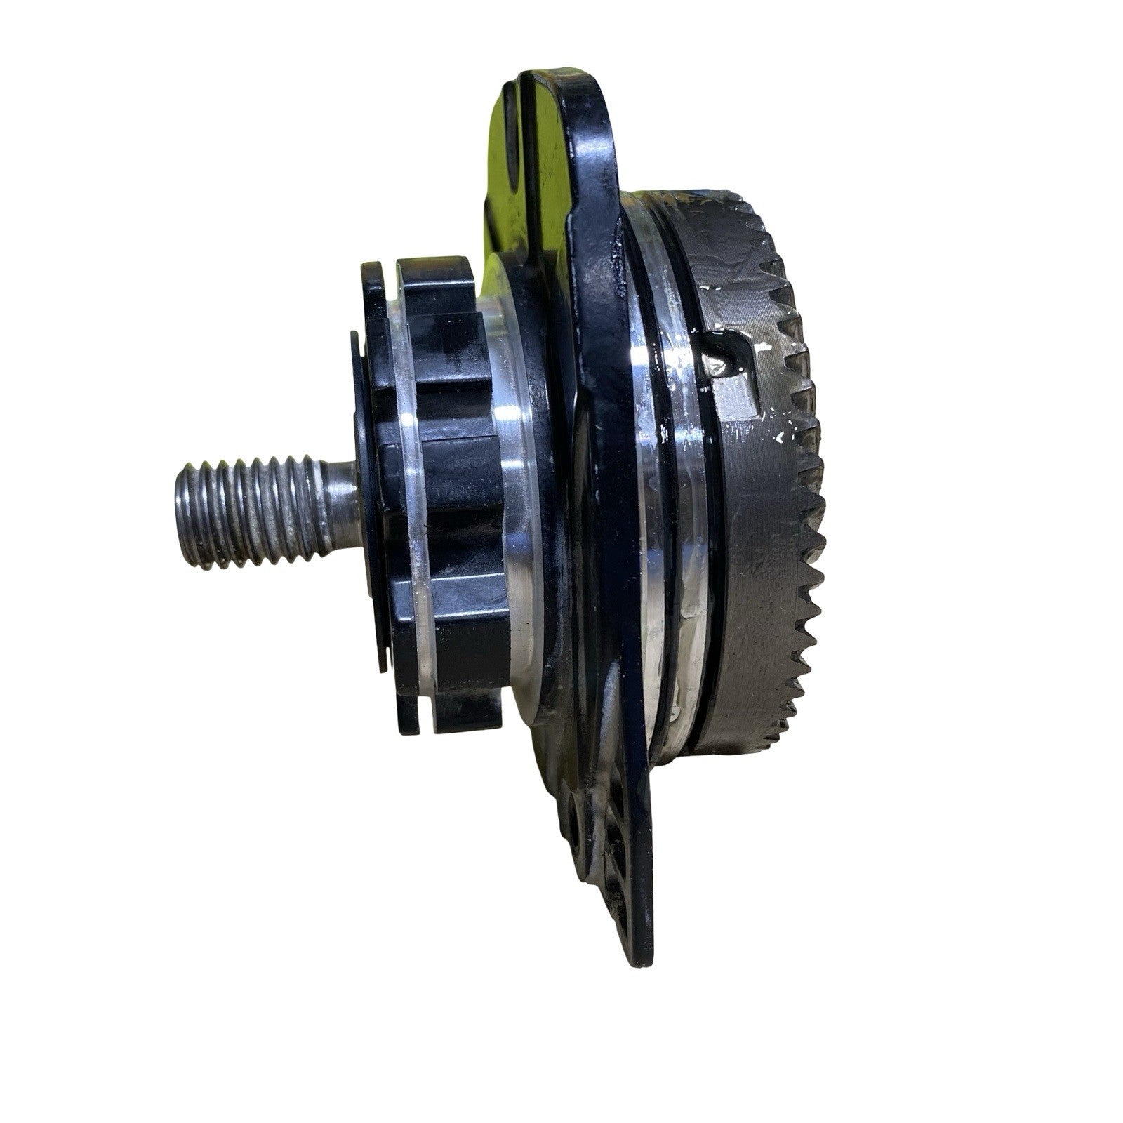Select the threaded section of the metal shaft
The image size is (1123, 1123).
point(253,509)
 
